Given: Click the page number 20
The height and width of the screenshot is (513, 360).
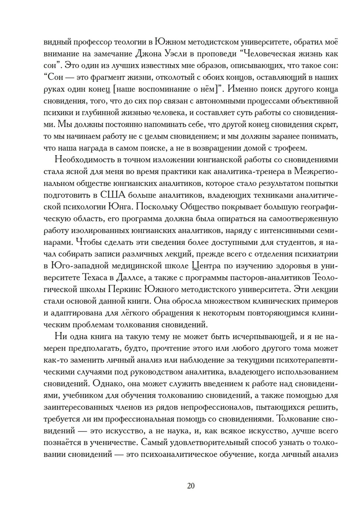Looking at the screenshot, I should click(191, 485).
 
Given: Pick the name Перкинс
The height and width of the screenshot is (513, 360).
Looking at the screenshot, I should click(125, 289).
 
